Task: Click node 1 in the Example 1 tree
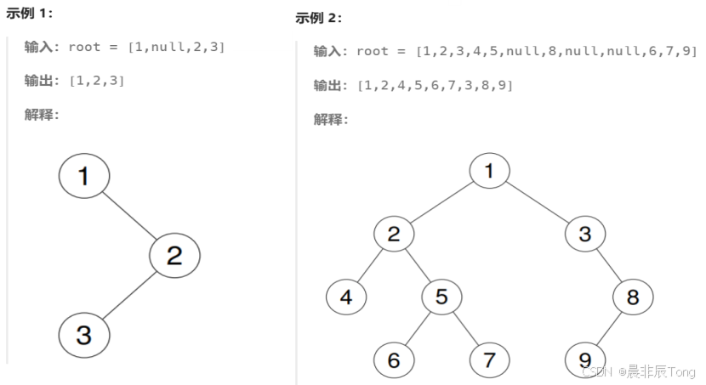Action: (84, 176)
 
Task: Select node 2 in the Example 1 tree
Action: (174, 254)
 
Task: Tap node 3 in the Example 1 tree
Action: (84, 334)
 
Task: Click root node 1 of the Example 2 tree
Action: (489, 171)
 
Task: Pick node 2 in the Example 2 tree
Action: (393, 234)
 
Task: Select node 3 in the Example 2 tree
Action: (584, 234)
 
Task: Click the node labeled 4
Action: (346, 297)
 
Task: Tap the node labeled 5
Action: (441, 297)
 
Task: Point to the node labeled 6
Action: (393, 360)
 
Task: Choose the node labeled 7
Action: (489, 360)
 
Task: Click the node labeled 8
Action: (632, 297)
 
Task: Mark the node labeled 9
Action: (584, 360)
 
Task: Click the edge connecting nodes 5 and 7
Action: (465, 328)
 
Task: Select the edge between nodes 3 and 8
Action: (608, 265)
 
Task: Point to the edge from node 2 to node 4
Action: (369, 265)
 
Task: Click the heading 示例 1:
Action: (30, 13)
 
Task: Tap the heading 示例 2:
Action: (319, 18)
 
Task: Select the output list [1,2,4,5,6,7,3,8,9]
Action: (435, 85)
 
